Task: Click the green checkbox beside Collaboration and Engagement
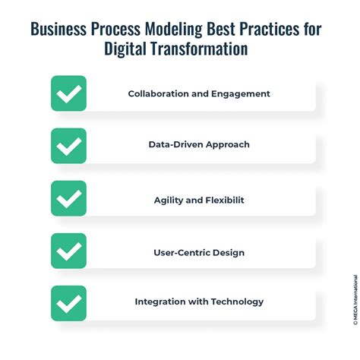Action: click(x=68, y=93)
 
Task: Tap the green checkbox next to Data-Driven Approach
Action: click(x=68, y=146)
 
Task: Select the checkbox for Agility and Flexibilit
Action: click(x=68, y=198)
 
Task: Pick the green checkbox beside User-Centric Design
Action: click(x=68, y=251)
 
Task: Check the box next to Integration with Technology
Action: click(x=68, y=303)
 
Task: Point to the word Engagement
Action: click(x=241, y=93)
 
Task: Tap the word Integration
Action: click(x=159, y=302)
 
